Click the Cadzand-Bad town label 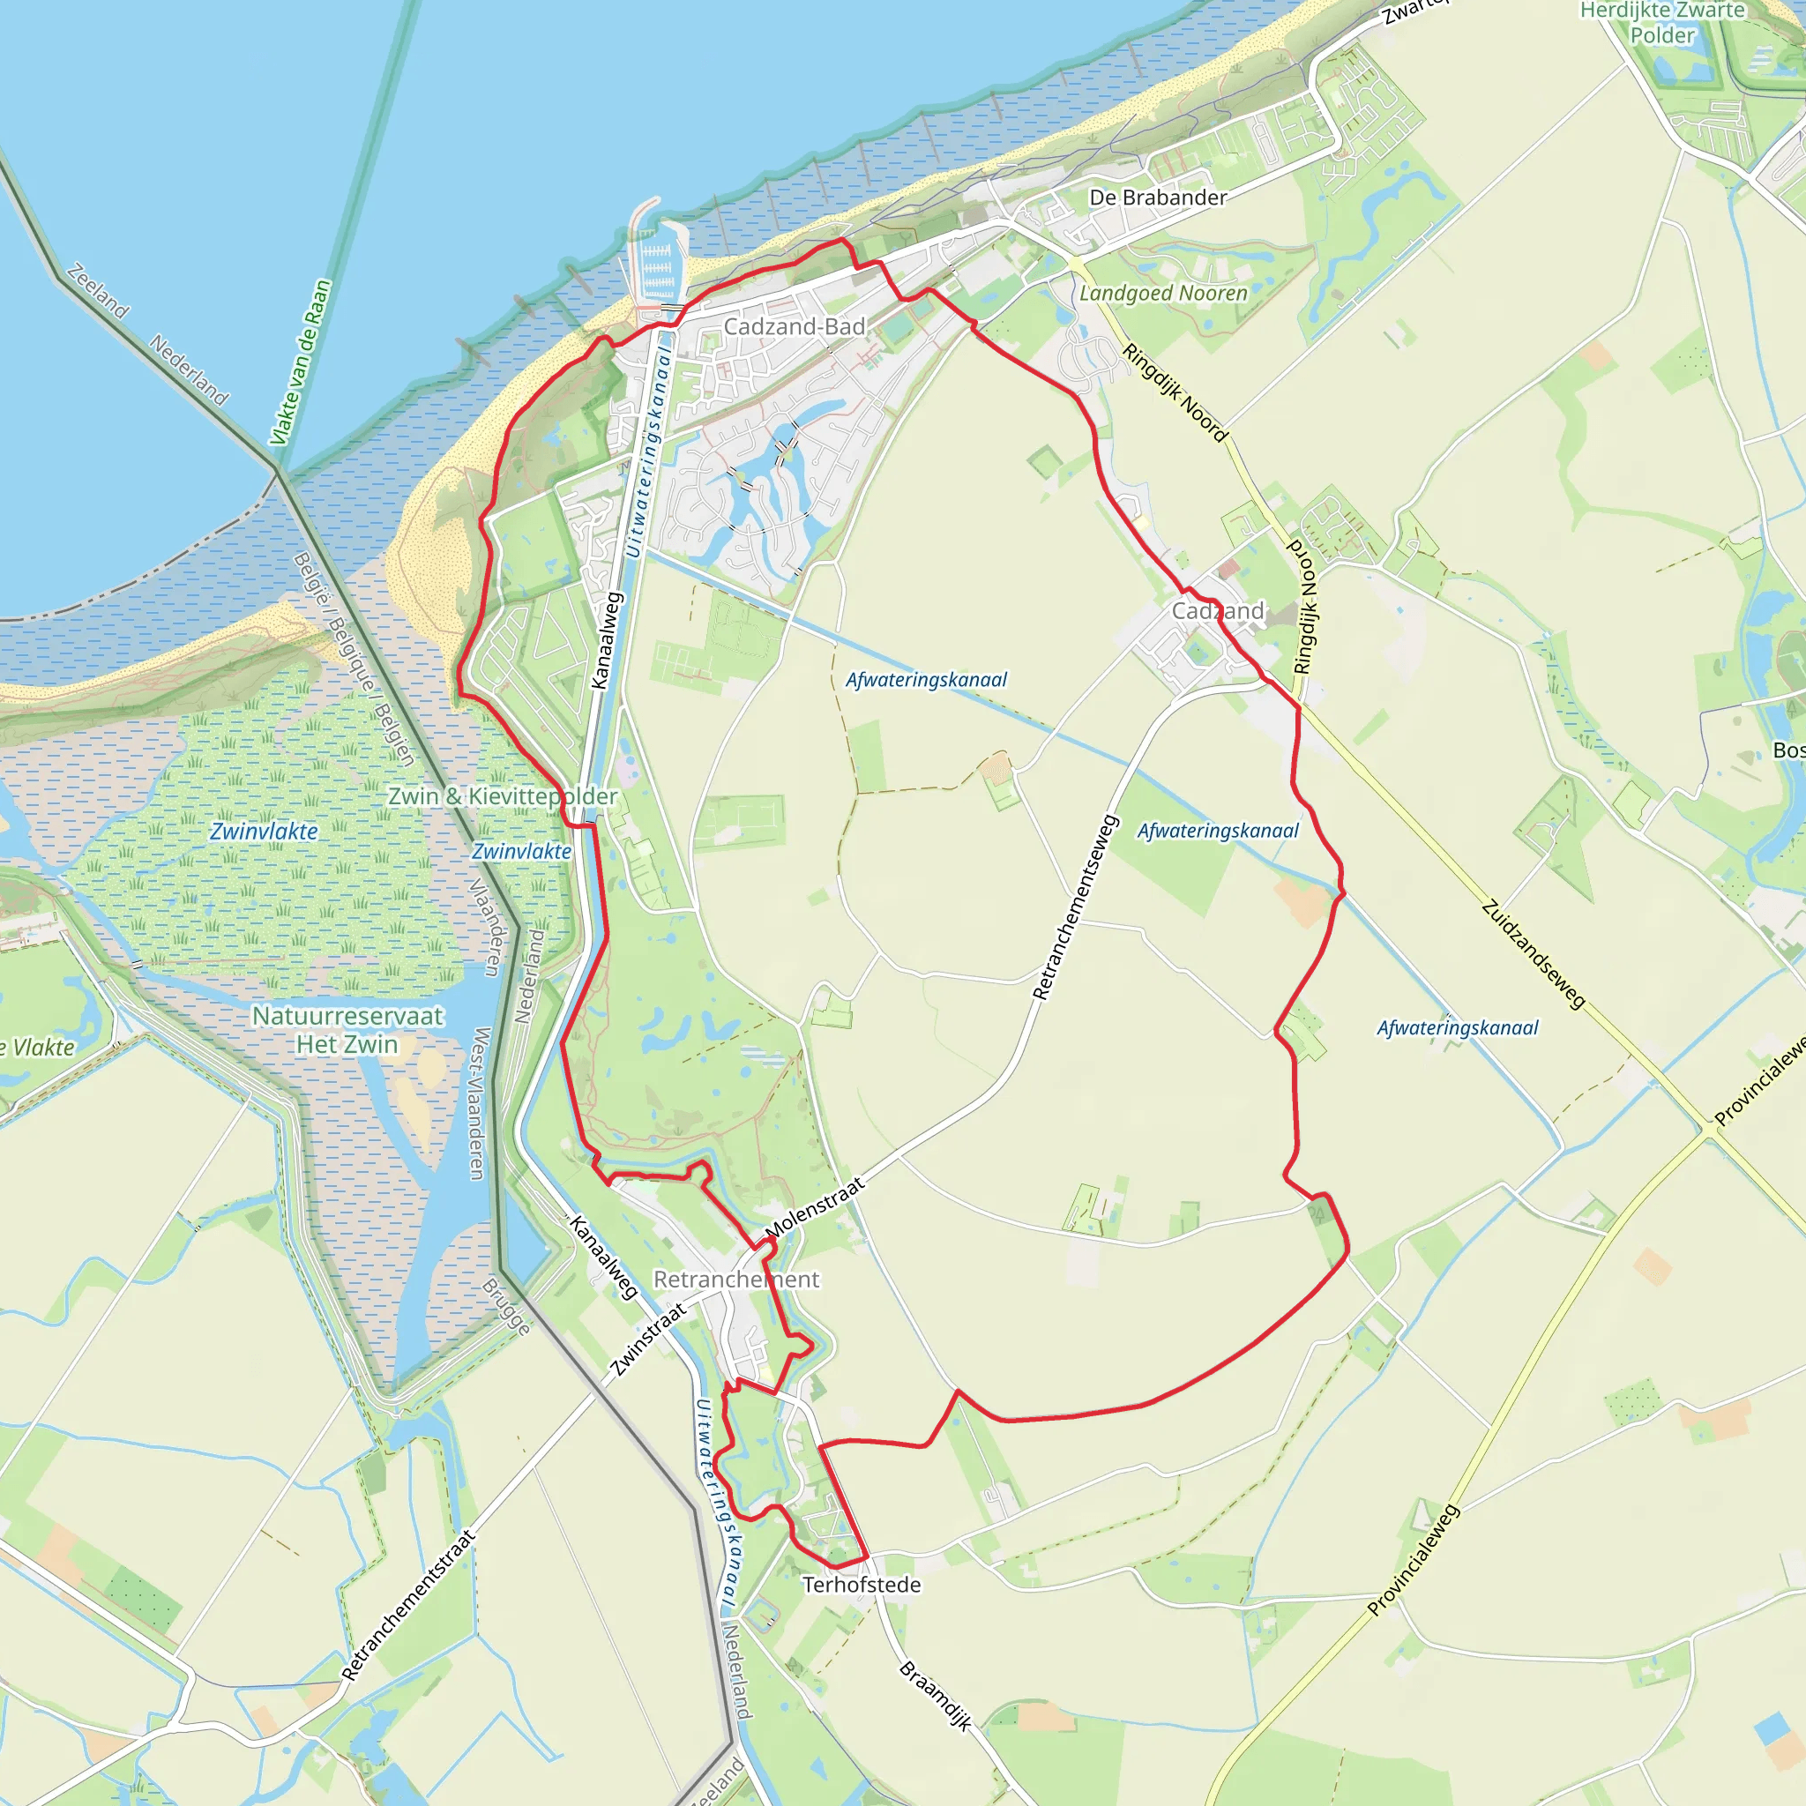click(795, 327)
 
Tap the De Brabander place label click(1157, 198)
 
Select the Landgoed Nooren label click(1163, 294)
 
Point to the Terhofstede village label click(862, 1586)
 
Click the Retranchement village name click(735, 1280)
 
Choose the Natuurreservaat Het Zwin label click(347, 1030)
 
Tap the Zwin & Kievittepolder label click(503, 796)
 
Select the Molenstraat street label click(815, 1209)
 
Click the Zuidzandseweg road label click(1533, 954)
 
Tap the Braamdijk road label click(935, 1696)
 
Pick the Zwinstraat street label click(648, 1339)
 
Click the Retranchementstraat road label click(408, 1605)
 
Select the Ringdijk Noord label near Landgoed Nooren click(1175, 392)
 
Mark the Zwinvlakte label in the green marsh click(264, 832)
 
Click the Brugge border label click(505, 1307)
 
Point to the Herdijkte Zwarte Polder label click(1662, 24)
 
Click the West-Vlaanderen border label click(479, 1104)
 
